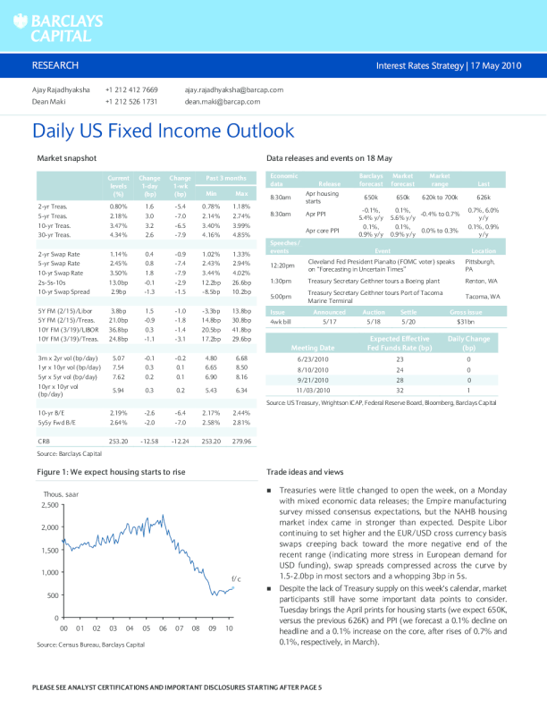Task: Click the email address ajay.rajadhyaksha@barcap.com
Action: (x=233, y=90)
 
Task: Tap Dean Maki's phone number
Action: (x=131, y=102)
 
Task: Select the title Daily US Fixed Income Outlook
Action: (x=163, y=131)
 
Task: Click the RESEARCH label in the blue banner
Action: (x=55, y=66)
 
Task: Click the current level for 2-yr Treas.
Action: (x=117, y=206)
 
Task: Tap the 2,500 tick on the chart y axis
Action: (x=48, y=506)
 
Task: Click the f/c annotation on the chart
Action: (x=236, y=578)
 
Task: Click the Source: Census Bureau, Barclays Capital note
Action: (x=90, y=644)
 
